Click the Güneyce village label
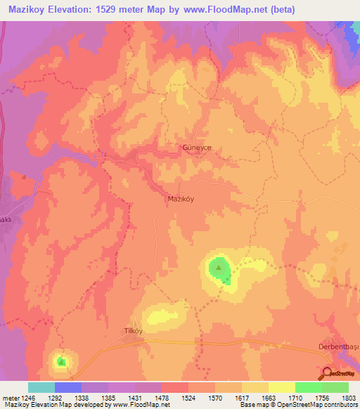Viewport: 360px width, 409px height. pos(197,148)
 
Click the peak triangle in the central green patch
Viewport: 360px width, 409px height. pos(219,268)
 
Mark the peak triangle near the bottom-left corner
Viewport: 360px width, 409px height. pos(61,363)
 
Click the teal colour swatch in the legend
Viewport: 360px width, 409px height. pos(41,387)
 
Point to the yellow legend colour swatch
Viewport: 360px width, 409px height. pos(282,387)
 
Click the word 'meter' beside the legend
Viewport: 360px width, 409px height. pos(11,396)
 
